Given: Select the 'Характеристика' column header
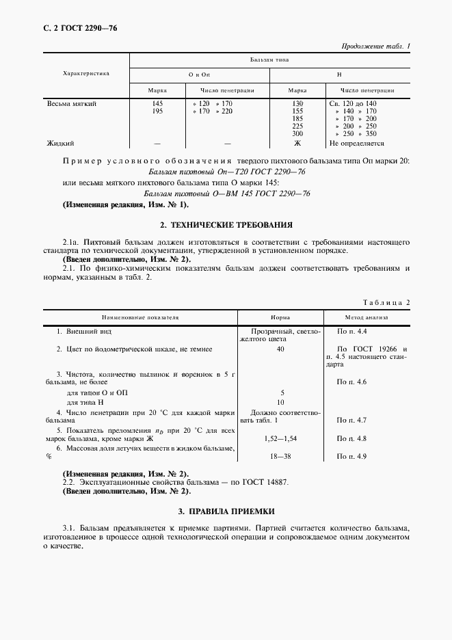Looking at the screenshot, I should click(85, 72).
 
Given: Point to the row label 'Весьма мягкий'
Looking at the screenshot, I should click(71, 103).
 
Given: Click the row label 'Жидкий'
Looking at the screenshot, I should click(60, 144).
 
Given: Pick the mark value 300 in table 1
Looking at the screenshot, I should click(297, 133).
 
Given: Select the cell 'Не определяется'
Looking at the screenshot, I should click(356, 144).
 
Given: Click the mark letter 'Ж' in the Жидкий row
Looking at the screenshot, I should click(297, 144).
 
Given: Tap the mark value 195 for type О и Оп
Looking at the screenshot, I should click(157, 111).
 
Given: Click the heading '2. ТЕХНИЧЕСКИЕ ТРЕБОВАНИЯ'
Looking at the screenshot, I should click(226, 224).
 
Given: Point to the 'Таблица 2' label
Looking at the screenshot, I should click(388, 302).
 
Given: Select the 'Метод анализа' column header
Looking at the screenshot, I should click(366, 318).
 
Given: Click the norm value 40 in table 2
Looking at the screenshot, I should click(280, 349).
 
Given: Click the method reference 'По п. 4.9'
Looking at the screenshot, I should click(352, 455).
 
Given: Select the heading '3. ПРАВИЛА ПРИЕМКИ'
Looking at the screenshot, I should click(226, 511).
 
